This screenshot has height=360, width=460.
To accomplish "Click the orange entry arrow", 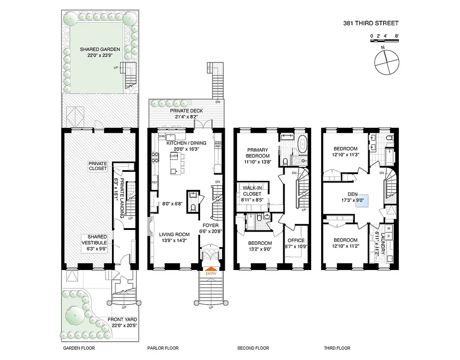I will click(210, 268).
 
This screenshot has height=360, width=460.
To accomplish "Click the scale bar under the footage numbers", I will click(384, 40).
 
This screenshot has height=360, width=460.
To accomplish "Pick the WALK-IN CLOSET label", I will click(252, 190).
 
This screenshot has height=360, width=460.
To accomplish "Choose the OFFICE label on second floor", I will click(295, 240).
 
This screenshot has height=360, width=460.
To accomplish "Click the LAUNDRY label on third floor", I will click(383, 243).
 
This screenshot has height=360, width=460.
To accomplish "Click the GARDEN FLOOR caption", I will click(79, 348).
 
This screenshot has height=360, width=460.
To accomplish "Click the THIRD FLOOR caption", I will click(337, 348).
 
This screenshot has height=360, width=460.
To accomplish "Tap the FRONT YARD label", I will click(122, 320).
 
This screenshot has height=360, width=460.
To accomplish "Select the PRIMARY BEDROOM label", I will click(257, 153).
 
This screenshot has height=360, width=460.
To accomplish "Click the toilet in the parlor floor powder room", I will click(192, 207).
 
